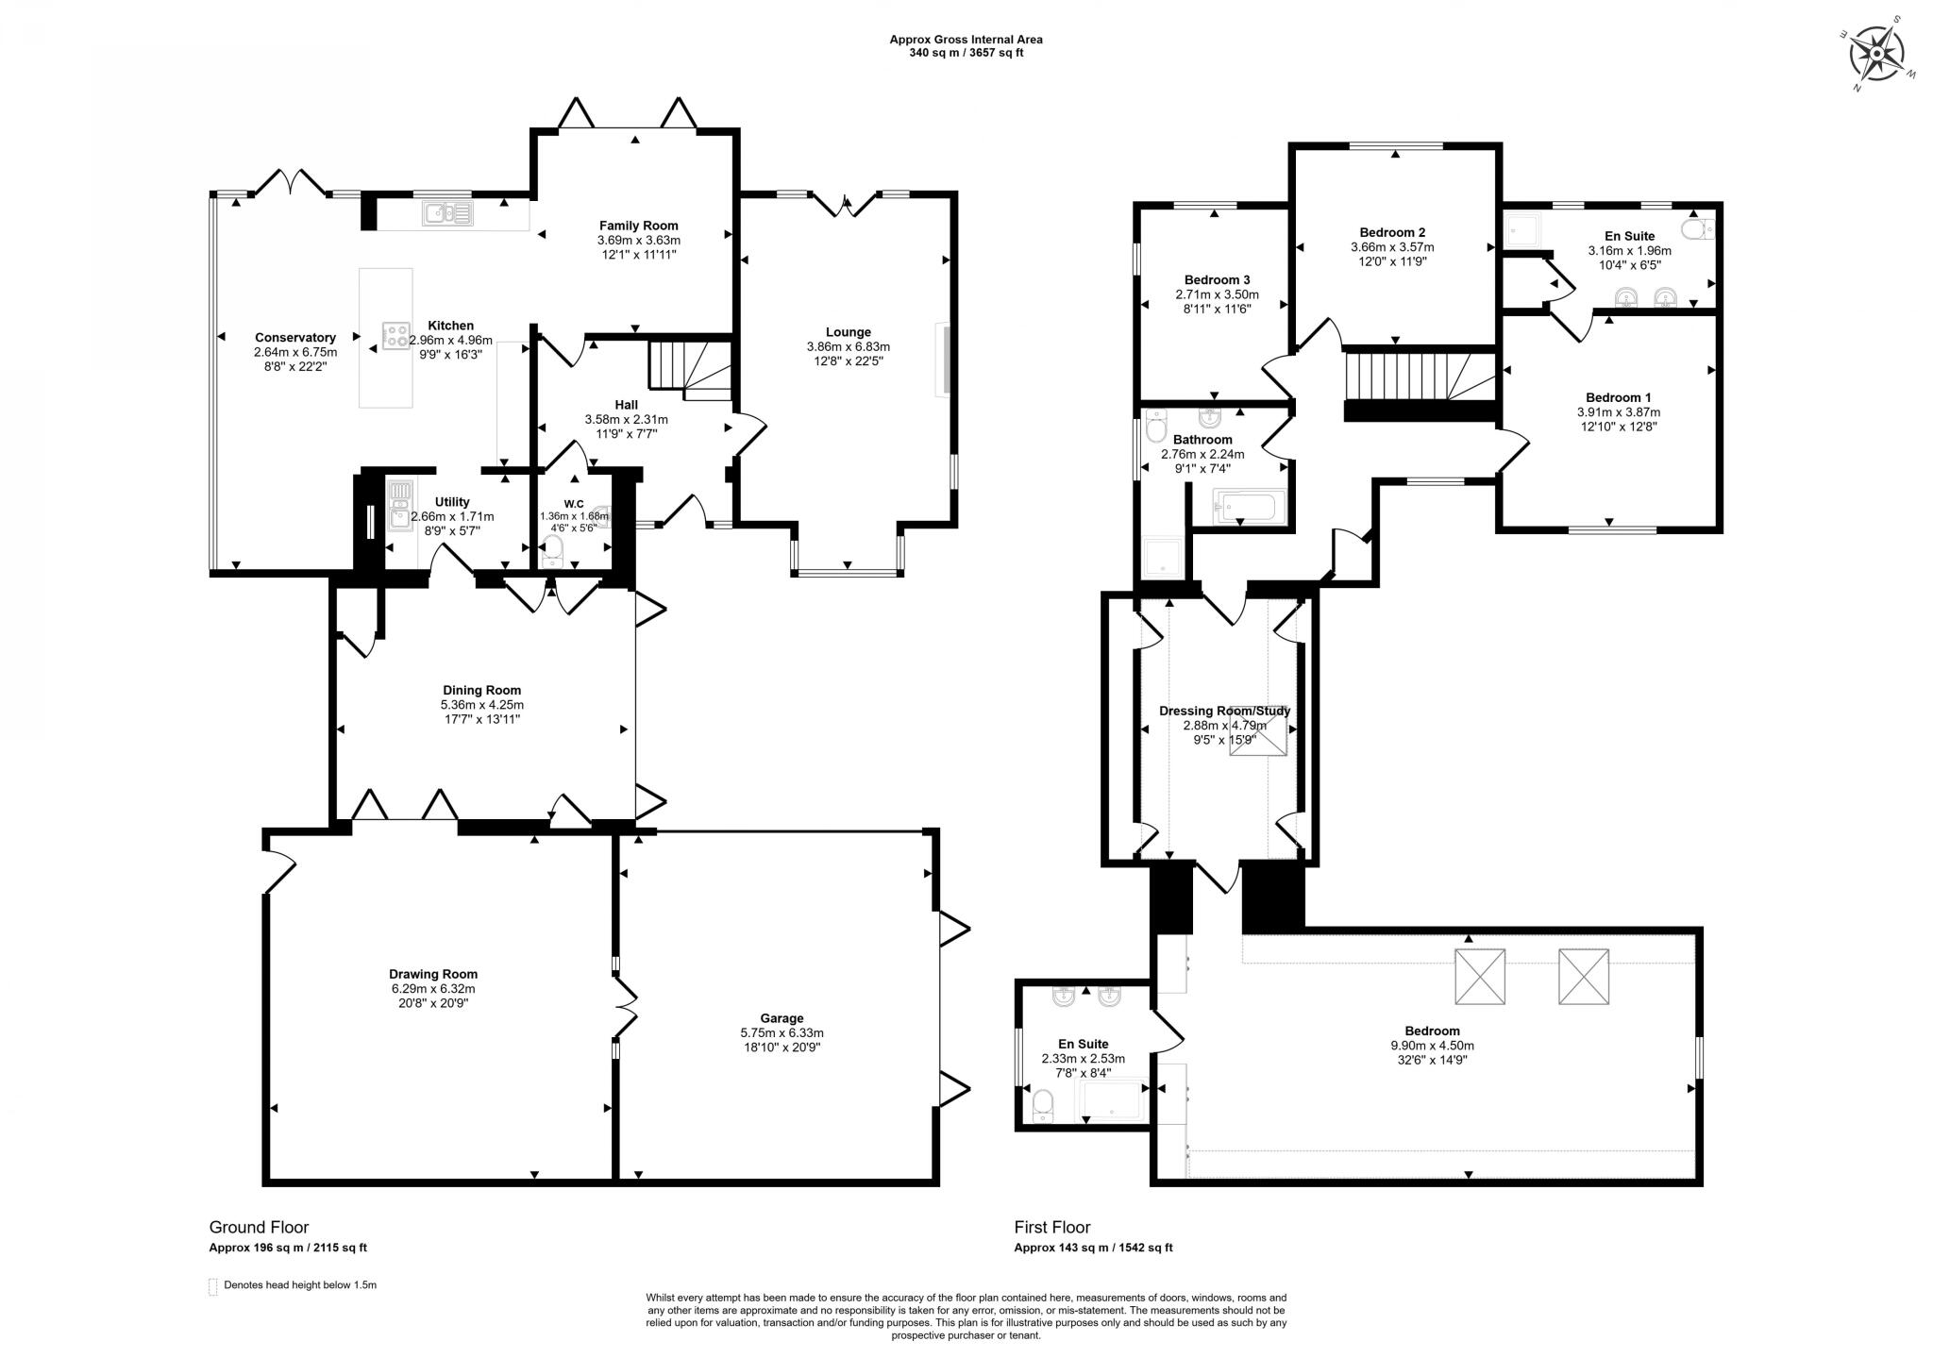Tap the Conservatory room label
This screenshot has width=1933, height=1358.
pos(295,338)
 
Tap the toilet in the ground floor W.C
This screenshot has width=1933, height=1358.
pos(553,549)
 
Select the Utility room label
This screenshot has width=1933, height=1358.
pos(452,502)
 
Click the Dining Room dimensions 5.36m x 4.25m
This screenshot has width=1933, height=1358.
pos(482,705)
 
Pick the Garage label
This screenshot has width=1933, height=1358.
pos(782,1018)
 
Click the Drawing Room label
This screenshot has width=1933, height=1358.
pos(433,974)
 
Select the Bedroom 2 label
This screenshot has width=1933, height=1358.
pos(1392,232)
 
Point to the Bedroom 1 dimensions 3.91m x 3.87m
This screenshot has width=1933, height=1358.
pos(1619,412)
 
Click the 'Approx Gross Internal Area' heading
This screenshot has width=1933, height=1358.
pos(966,40)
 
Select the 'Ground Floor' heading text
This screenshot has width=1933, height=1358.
pos(259,1227)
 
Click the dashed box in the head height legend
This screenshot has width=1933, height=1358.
pos(213,1286)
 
